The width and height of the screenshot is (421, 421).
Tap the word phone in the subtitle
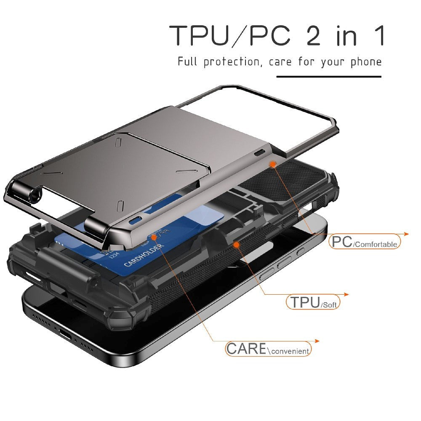366,62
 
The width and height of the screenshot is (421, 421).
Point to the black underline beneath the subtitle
328,77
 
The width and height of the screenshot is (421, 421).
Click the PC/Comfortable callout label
365,242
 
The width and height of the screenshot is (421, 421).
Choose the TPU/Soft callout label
313,302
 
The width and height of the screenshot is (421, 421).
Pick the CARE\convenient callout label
268,349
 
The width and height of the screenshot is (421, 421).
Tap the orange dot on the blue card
154,237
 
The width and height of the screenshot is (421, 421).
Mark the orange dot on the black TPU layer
237,244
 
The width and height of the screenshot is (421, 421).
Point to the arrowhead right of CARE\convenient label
317,341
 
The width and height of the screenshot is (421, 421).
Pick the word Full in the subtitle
187,62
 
